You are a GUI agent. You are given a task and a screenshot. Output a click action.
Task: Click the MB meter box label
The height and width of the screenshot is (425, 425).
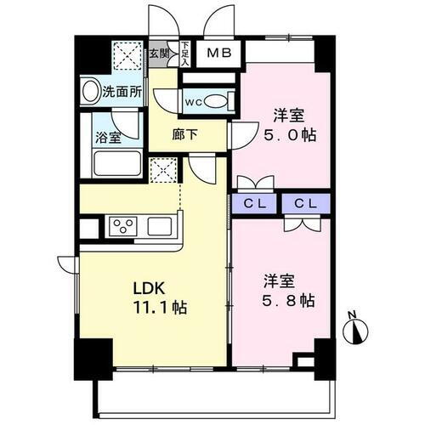(218, 54)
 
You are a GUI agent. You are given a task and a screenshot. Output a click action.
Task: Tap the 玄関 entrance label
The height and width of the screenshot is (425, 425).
(159, 54)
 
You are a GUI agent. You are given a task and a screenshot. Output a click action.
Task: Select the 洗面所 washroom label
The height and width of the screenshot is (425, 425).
(121, 91)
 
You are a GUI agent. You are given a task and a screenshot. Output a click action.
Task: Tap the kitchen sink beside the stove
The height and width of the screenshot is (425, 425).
(161, 227)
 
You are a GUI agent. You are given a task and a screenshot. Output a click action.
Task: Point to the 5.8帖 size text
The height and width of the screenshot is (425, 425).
(287, 301)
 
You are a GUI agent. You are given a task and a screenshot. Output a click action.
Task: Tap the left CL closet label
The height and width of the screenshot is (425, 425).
(256, 204)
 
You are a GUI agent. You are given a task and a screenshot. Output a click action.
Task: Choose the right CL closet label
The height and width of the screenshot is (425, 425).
(307, 204)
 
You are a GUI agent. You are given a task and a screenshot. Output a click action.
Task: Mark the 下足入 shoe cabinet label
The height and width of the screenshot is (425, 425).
(185, 54)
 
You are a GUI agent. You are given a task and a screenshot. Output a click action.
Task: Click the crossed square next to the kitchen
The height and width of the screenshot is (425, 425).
(161, 169)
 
